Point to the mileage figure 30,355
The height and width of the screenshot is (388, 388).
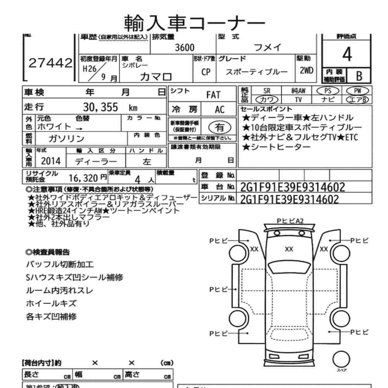tap(100, 107)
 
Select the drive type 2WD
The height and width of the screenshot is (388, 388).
tap(306, 71)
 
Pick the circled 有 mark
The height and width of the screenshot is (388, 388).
tap(220, 127)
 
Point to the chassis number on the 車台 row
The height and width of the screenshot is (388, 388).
tap(292, 187)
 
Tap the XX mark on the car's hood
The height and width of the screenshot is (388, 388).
tap(289, 249)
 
